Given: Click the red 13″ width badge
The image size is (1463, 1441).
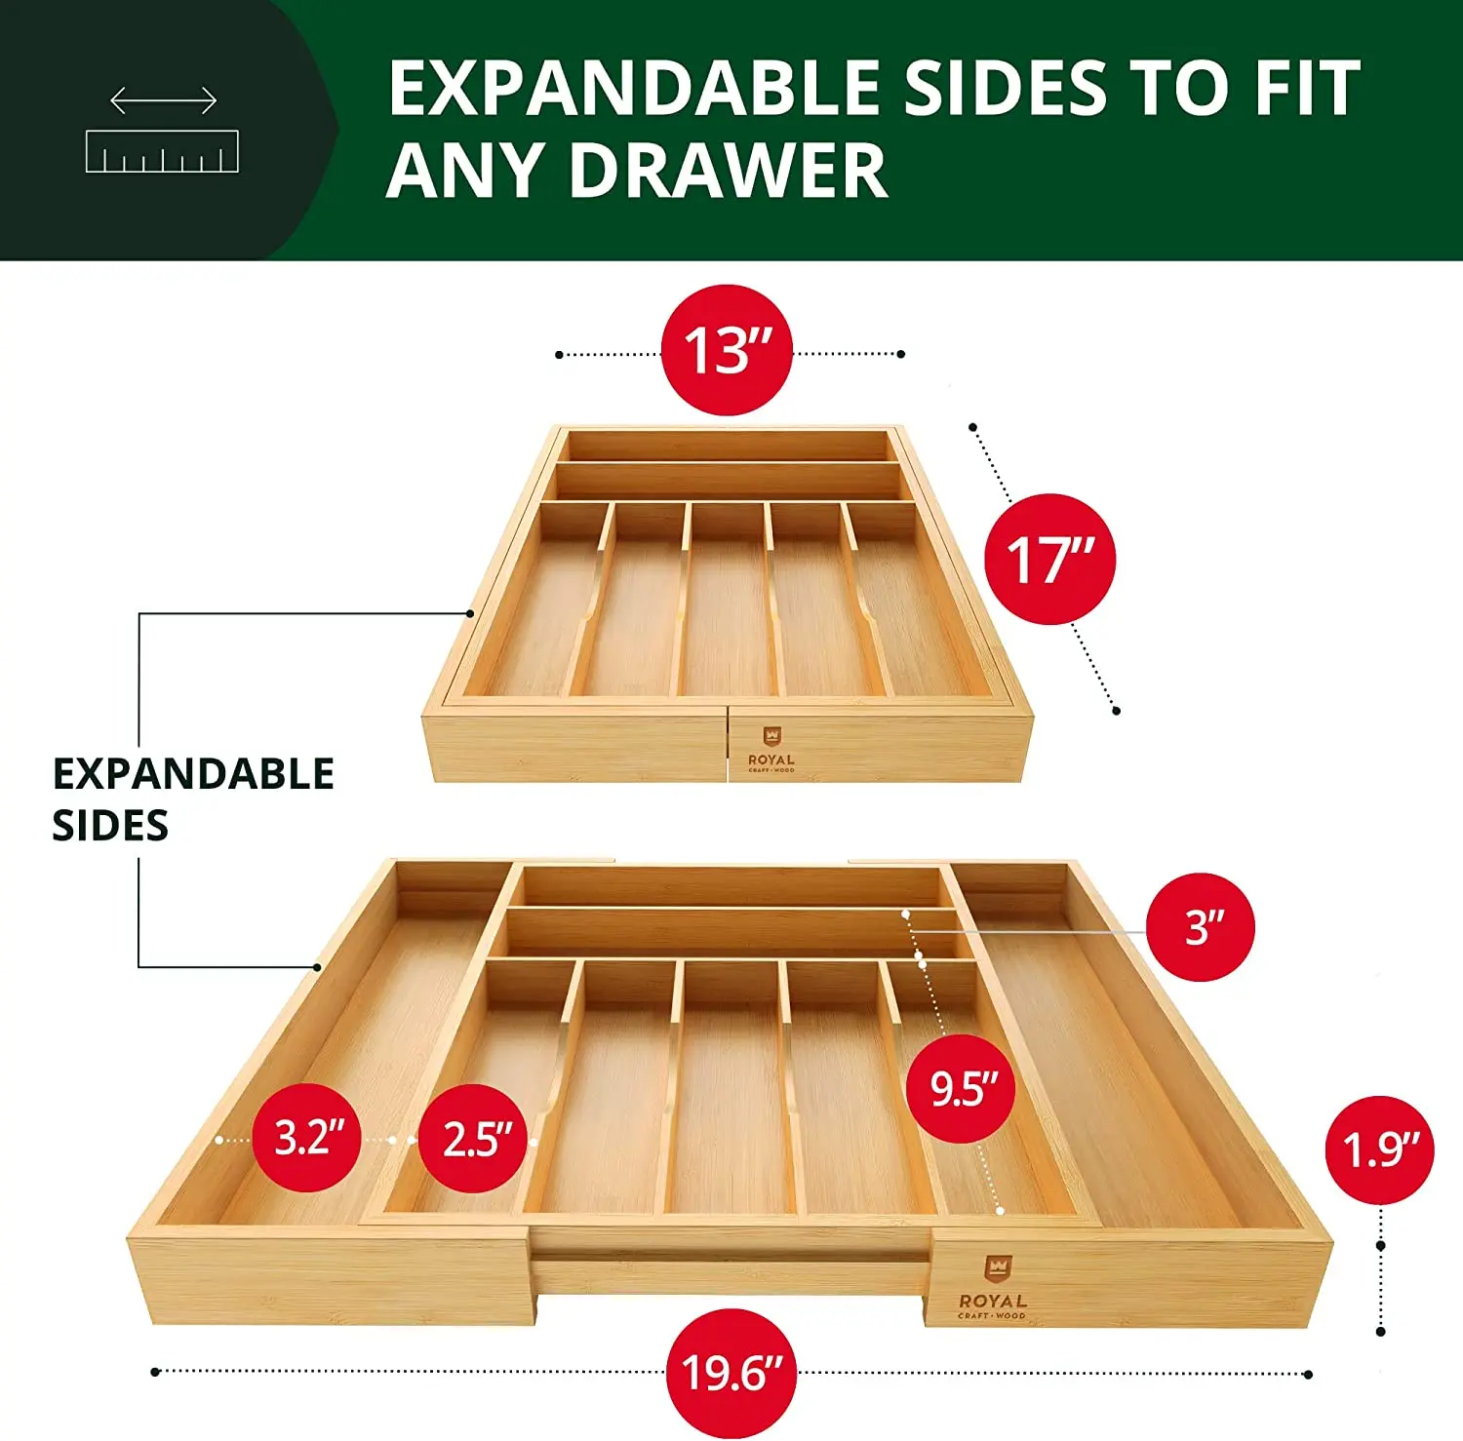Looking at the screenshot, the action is click(727, 350).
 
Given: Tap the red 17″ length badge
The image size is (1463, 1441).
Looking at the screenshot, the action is click(1049, 559).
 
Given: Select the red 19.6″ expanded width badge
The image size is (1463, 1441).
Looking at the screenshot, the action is click(731, 1373).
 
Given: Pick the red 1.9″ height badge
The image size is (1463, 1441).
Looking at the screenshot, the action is click(1379, 1149).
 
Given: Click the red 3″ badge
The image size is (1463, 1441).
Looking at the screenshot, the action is click(1201, 926).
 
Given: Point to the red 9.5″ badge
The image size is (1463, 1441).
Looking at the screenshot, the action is click(961, 1088).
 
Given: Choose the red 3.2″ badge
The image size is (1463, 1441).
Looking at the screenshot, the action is click(307, 1138).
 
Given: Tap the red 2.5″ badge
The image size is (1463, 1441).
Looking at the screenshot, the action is click(473, 1138).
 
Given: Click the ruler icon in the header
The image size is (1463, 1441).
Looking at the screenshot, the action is click(162, 151).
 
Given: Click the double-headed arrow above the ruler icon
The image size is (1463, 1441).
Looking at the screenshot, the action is click(163, 99).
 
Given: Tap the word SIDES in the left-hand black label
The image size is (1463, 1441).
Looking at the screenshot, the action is click(110, 826).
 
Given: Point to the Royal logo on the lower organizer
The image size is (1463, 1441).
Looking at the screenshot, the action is click(993, 1287).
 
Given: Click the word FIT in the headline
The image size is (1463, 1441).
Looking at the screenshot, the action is click(1307, 88).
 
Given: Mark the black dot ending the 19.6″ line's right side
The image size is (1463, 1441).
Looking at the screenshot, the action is click(1309, 1375).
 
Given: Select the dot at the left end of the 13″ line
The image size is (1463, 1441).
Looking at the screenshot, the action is click(559, 355).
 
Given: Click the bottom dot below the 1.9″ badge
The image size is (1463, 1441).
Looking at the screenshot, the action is click(1381, 1332).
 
